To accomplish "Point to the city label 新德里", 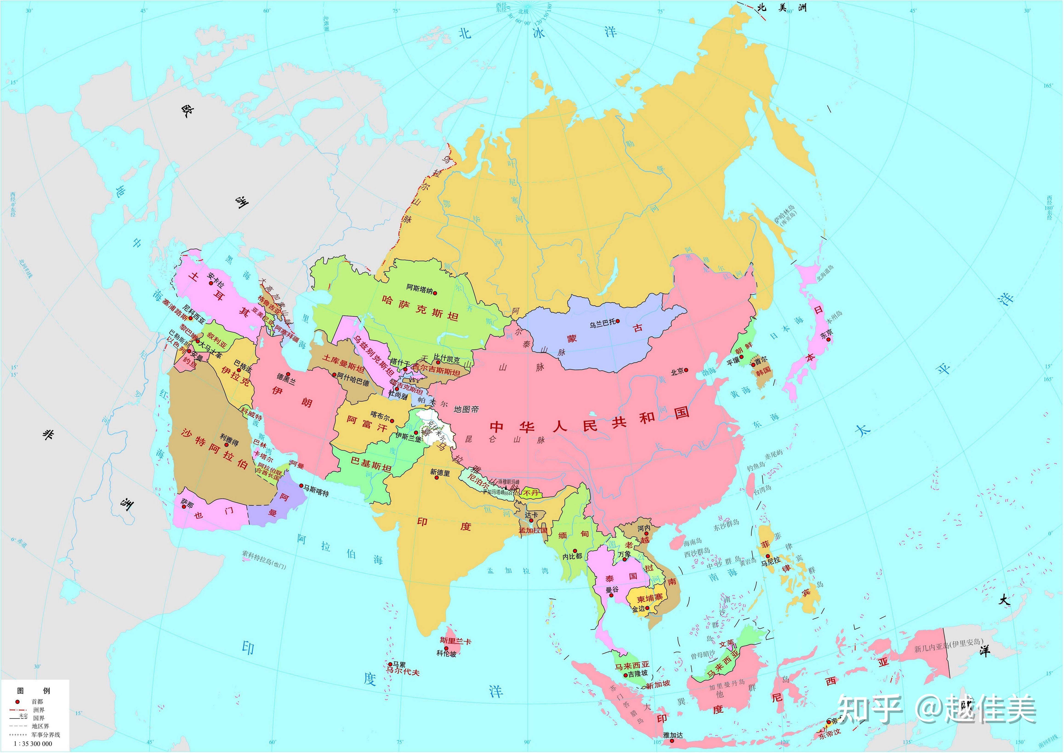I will click(x=440, y=473).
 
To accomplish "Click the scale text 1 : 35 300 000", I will click(x=33, y=744).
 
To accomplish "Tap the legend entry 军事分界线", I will click(x=46, y=735).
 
